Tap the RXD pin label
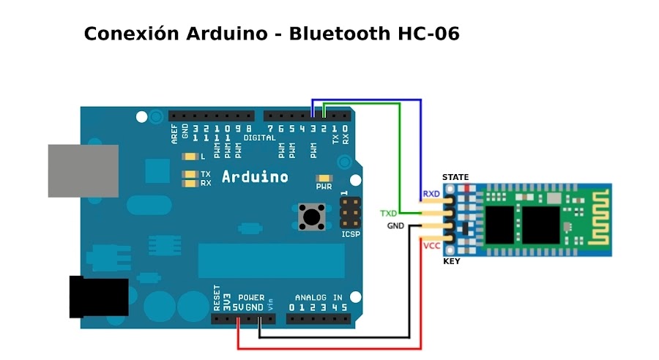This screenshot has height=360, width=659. [x=431, y=194]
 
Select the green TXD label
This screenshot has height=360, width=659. [x=388, y=214]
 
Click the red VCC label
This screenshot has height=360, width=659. [x=431, y=246]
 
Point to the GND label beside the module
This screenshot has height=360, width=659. [x=395, y=226]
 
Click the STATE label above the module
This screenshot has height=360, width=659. [x=455, y=177]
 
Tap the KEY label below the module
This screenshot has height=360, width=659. [x=452, y=261]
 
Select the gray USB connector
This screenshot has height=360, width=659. [x=83, y=170]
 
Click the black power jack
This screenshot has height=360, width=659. [x=98, y=296]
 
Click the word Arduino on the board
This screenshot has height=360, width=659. [x=255, y=176]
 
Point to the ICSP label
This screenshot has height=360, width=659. [x=351, y=234]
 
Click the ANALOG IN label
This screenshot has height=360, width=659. [x=319, y=298]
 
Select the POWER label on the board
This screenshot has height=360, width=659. [x=251, y=298]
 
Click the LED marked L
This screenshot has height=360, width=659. [x=191, y=157]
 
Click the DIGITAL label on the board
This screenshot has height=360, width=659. [x=260, y=138]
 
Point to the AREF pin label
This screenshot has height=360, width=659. [x=174, y=135]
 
